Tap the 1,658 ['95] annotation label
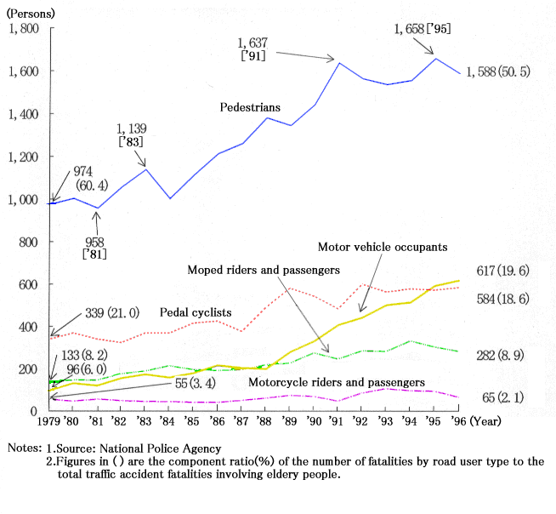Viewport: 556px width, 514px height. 423,29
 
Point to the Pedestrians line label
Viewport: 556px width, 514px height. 250,108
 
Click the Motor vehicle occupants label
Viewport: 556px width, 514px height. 383,248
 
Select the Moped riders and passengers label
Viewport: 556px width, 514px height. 264,270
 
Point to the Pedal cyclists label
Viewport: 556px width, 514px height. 197,312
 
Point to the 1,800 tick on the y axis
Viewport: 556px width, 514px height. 23,29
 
